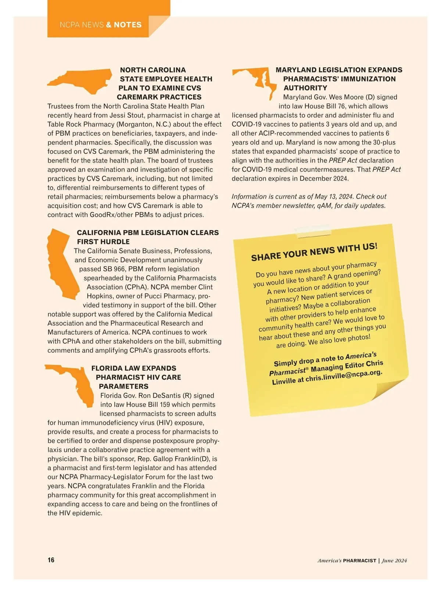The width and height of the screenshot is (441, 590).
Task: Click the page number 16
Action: click(x=51, y=560)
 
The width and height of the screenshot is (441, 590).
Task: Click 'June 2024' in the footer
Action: click(x=394, y=561)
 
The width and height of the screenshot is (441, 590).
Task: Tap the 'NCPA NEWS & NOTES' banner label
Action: click(x=100, y=25)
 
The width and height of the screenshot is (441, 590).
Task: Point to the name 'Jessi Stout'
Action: click(x=127, y=115)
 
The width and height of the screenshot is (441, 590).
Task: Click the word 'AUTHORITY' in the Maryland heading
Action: click(x=305, y=88)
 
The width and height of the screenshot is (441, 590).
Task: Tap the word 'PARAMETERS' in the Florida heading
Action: click(x=123, y=386)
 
